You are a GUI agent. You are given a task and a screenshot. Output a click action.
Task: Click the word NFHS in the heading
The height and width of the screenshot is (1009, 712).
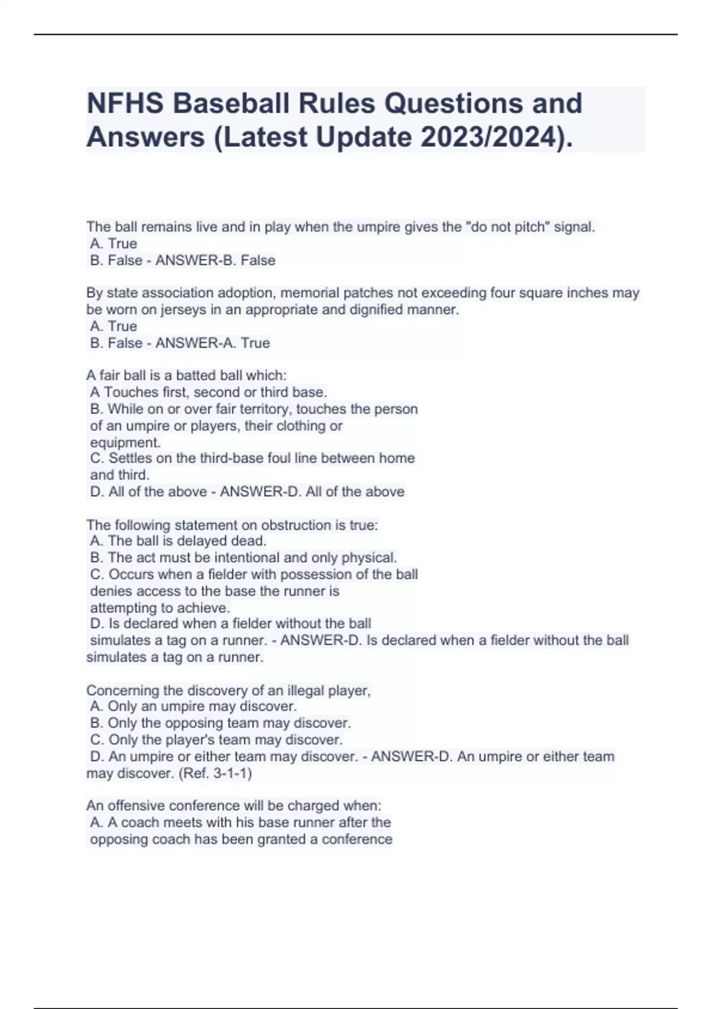[125, 104]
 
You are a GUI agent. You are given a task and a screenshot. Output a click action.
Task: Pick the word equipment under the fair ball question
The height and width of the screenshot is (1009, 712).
[125, 443]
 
